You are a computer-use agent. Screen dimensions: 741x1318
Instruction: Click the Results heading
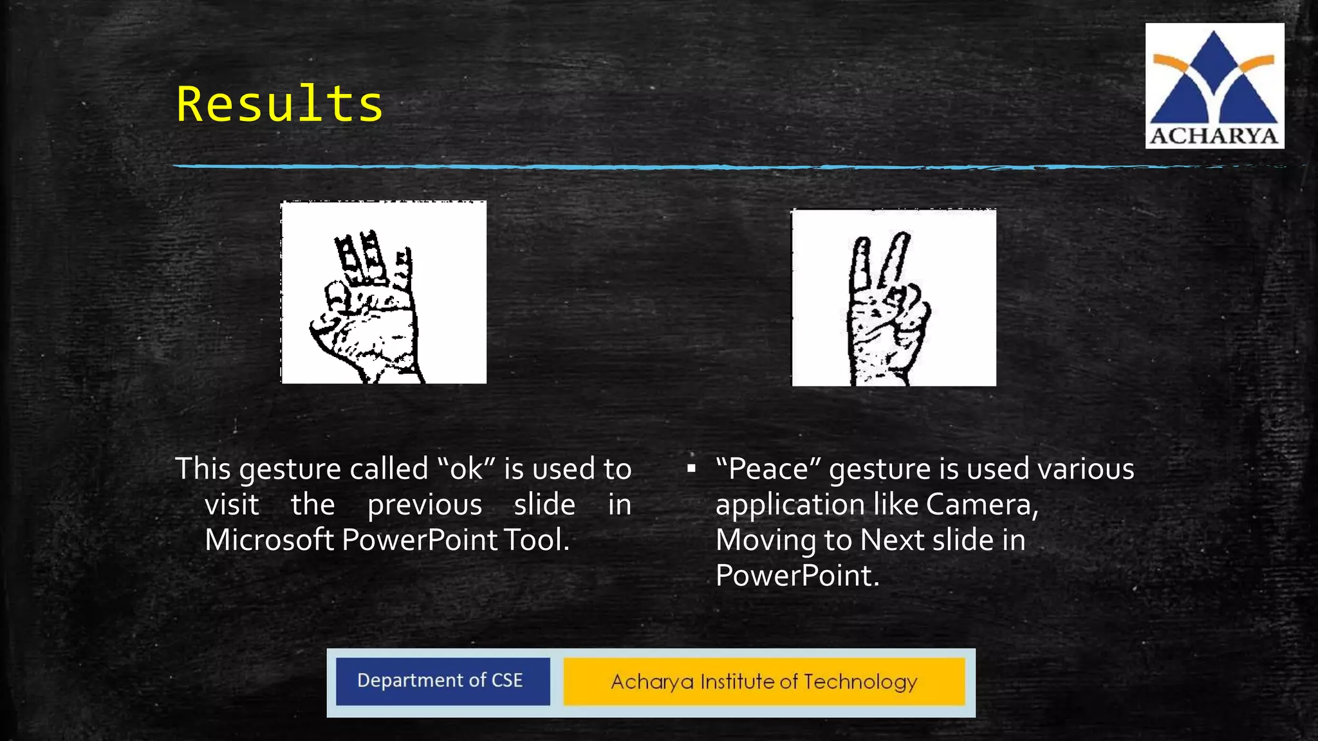280,104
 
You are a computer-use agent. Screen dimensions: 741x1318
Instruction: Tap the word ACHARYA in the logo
1214,136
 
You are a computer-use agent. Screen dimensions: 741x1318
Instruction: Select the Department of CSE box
442,681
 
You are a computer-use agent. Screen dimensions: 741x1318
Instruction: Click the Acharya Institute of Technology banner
764,682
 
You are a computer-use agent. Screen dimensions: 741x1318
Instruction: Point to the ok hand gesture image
384,293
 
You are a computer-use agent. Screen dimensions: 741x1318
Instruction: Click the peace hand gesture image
894,298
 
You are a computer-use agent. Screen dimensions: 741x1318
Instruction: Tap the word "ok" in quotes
466,469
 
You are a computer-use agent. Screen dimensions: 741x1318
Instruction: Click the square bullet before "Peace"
691,469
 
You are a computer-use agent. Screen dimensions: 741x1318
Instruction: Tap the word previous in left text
424,504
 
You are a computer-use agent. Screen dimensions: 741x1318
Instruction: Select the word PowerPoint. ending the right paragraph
797,575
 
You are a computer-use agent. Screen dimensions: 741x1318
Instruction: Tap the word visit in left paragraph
232,504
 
